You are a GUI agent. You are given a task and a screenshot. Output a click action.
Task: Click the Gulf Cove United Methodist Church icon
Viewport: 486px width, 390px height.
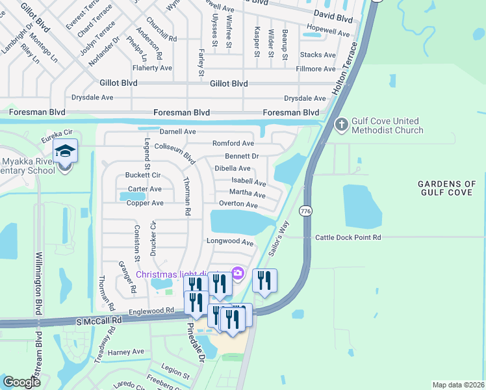tap(342, 123)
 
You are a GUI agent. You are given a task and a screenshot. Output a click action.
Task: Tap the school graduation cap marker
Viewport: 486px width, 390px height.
tap(65, 151)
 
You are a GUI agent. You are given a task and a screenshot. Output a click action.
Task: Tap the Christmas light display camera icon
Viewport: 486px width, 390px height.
tap(238, 273)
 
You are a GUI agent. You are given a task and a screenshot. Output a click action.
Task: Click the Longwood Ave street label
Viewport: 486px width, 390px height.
tap(230, 242)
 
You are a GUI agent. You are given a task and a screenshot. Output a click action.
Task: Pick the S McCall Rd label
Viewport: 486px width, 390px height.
tap(99, 320)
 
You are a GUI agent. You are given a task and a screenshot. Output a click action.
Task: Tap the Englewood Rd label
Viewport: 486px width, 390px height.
tap(151, 312)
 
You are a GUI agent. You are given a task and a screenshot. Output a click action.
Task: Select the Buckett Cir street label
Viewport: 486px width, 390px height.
tap(143, 175)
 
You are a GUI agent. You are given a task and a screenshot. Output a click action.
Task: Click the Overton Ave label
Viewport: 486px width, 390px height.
tap(238, 204)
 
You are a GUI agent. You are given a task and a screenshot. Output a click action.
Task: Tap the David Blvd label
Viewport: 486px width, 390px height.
tap(333, 13)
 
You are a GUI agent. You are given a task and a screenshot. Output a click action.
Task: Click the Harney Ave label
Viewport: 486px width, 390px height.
tap(126, 352)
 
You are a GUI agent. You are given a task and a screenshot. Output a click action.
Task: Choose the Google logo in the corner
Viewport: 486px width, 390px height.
tap(21, 382)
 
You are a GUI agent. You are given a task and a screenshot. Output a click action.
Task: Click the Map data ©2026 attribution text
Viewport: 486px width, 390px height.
tap(457, 385)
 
